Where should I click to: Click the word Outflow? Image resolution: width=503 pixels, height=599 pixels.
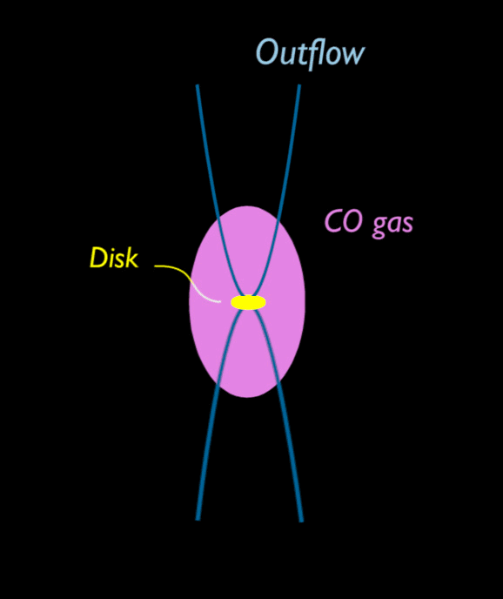pyautogui.click(x=310, y=53)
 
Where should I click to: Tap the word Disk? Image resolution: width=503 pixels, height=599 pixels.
pyautogui.click(x=113, y=258)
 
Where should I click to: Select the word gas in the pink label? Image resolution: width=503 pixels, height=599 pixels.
pyautogui.click(x=392, y=225)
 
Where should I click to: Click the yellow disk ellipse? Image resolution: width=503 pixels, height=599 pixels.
pyautogui.click(x=248, y=302)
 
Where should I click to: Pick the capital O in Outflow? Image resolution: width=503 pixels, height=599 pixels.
pyautogui.click(x=266, y=51)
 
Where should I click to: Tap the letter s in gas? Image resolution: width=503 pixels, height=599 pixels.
pyautogui.click(x=407, y=225)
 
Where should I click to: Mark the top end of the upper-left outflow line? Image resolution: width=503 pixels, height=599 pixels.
pyautogui.click(x=198, y=85)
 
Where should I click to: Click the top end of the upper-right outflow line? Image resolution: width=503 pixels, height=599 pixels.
pyautogui.click(x=299, y=85)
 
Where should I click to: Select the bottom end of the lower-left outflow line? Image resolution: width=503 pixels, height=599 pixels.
pyautogui.click(x=198, y=520)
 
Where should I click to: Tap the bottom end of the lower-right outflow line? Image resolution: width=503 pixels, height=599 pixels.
pyautogui.click(x=301, y=521)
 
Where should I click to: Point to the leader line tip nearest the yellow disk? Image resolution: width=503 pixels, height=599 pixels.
pyautogui.click(x=220, y=302)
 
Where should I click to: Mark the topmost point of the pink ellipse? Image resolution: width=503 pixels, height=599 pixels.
pyautogui.click(x=247, y=206)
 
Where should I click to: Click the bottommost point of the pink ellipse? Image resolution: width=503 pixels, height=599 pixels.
pyautogui.click(x=247, y=398)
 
